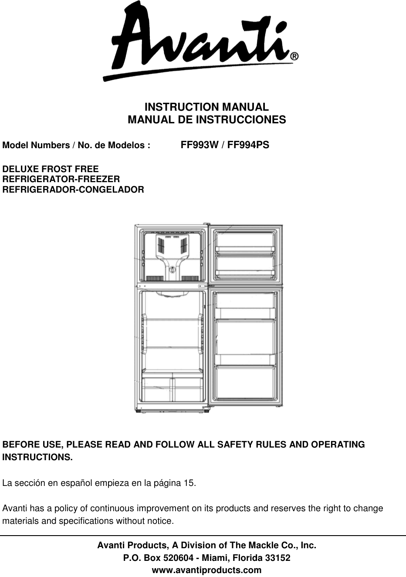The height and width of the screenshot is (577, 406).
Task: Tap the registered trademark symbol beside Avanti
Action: click(294, 57)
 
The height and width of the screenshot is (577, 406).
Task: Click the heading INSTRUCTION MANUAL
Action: click(206, 107)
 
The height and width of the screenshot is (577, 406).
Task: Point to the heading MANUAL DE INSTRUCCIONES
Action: click(206, 119)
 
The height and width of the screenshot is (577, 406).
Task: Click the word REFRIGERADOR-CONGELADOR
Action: click(74, 190)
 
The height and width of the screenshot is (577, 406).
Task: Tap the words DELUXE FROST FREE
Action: click(51, 169)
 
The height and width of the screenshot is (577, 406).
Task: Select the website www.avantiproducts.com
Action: click(206, 570)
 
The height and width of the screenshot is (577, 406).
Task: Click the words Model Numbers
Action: click(27, 145)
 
